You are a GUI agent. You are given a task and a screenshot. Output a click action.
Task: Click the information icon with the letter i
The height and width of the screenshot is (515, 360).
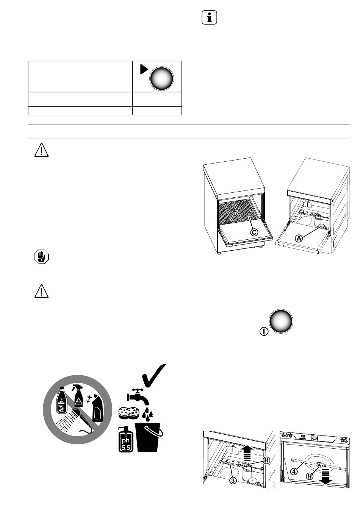(x=209, y=17)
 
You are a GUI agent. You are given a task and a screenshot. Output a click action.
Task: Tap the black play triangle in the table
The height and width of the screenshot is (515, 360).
(x=144, y=69)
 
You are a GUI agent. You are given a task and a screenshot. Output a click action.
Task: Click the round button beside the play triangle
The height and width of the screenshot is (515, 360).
(x=161, y=79)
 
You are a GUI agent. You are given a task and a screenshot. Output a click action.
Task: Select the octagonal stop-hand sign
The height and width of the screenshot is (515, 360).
(x=41, y=257)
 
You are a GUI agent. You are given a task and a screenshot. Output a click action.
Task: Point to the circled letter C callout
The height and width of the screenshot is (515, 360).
(x=254, y=232)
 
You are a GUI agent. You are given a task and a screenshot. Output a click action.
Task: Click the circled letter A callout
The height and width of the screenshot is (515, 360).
(x=299, y=239)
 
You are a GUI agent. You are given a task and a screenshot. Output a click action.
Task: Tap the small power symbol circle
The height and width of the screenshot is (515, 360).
(x=264, y=331)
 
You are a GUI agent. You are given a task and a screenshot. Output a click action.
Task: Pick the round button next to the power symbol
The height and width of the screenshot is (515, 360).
(x=281, y=321)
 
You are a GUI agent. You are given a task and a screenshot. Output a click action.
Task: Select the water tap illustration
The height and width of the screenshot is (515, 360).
(x=138, y=396)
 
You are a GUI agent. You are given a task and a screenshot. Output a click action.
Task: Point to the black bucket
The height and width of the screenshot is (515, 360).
(x=149, y=437)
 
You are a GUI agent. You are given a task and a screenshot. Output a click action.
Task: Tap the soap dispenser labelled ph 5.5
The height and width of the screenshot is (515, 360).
(x=125, y=439)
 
